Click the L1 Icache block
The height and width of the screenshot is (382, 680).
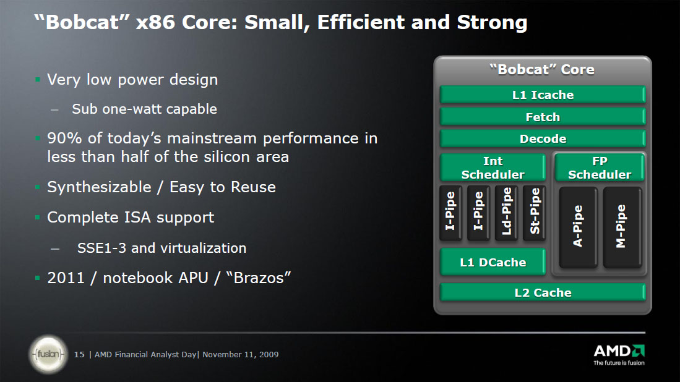[543, 95]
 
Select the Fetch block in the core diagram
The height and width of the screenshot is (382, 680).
[543, 116]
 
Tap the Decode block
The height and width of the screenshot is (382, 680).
[543, 138]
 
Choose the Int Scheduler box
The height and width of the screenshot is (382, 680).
[493, 167]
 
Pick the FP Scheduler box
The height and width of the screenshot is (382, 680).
[600, 167]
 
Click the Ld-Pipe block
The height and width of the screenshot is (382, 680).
[507, 213]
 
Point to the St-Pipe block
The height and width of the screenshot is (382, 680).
[535, 213]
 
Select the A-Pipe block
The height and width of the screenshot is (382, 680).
[578, 227]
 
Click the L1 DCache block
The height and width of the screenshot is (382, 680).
[493, 261]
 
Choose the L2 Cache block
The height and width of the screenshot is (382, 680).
[543, 292]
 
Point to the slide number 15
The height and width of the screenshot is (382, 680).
[79, 354]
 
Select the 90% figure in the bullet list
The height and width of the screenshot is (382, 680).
[64, 138]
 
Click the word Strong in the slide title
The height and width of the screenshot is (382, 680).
[493, 22]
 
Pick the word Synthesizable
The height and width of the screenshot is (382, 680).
[100, 187]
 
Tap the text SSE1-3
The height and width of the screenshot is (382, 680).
[101, 248]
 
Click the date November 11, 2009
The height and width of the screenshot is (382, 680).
[240, 354]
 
